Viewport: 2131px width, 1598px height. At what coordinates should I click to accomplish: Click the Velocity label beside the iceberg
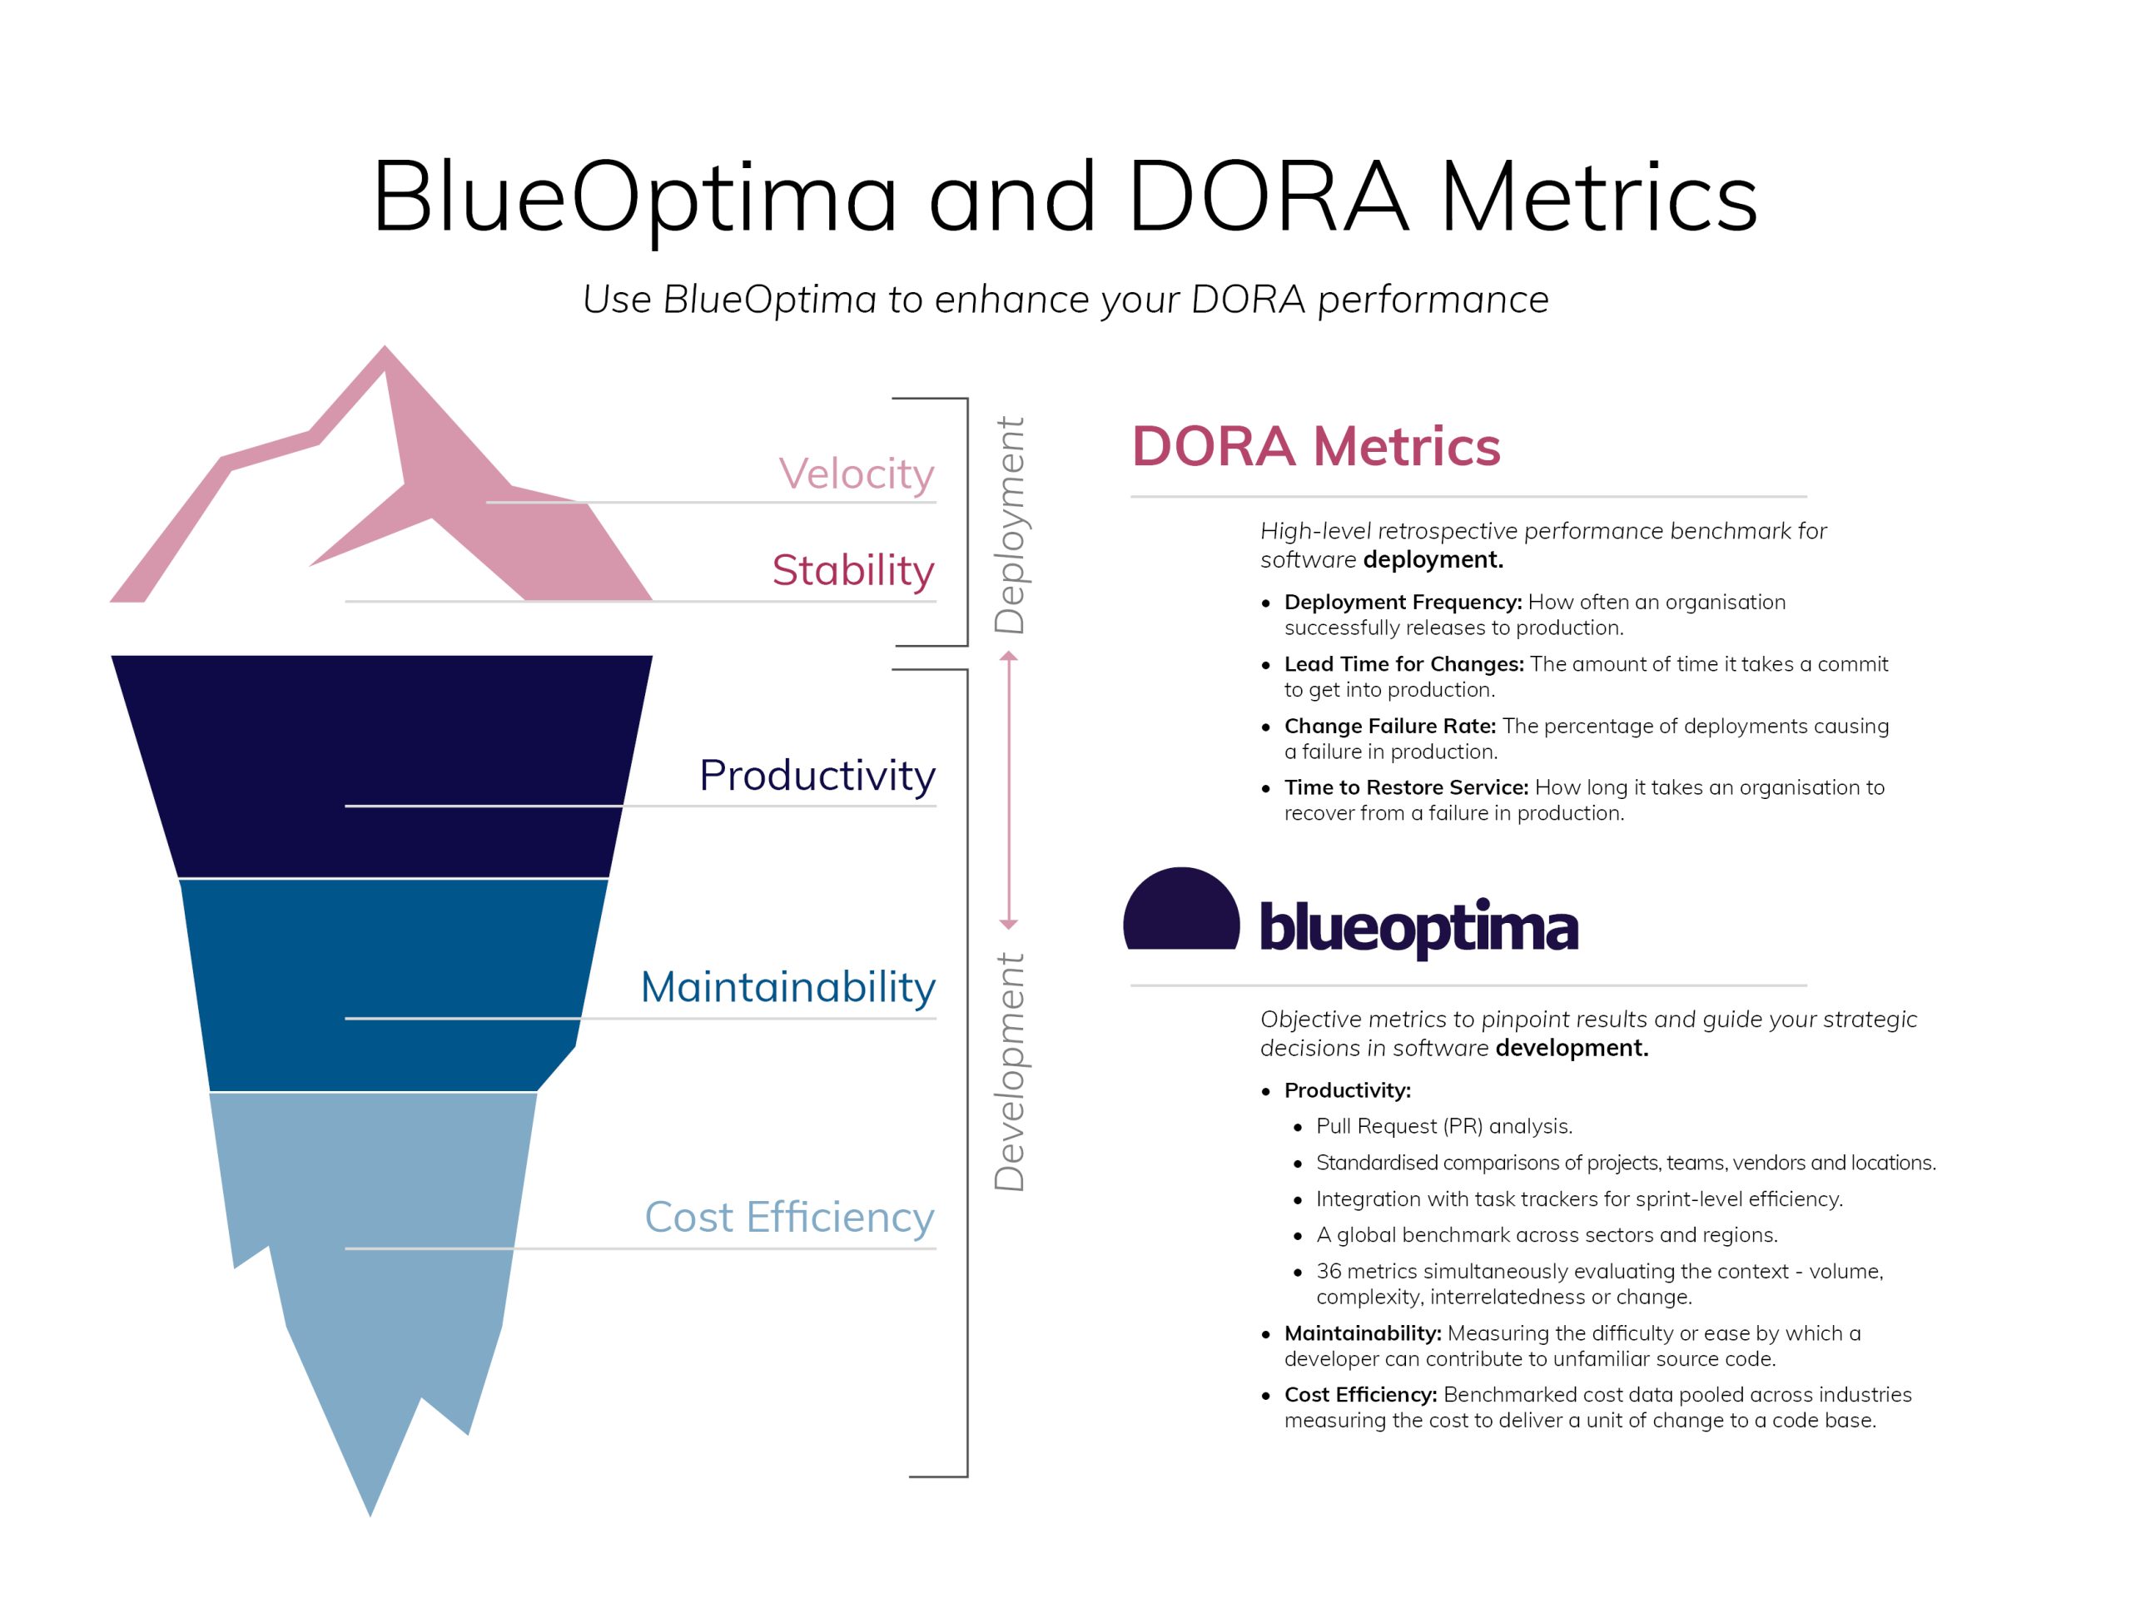tap(856, 475)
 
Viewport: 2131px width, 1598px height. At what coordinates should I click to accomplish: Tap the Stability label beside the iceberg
tap(852, 570)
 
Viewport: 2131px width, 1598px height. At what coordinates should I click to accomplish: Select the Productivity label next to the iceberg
tap(817, 777)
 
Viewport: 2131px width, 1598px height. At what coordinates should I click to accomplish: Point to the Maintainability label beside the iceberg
tap(788, 988)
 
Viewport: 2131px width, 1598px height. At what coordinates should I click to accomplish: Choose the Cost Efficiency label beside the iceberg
tap(789, 1218)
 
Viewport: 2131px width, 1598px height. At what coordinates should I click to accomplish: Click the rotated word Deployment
tap(1010, 525)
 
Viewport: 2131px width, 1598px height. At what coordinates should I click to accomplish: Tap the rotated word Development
tap(1010, 1071)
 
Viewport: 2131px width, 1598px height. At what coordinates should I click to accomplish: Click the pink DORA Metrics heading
tap(1315, 446)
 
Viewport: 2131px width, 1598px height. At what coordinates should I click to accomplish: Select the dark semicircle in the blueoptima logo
tap(1181, 910)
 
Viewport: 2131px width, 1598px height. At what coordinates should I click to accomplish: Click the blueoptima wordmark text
tap(1418, 926)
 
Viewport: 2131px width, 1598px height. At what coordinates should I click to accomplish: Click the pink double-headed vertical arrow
tap(1009, 790)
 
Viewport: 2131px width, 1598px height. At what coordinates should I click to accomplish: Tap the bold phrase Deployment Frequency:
tap(1403, 603)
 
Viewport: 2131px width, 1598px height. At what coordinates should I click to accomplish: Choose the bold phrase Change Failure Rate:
tap(1390, 727)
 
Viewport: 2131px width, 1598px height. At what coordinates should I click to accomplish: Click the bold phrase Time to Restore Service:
tap(1407, 788)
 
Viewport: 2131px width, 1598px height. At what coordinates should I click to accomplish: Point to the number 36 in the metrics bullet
tap(1329, 1272)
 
